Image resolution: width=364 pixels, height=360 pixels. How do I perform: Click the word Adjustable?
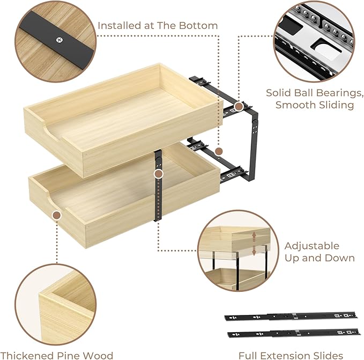click(311, 246)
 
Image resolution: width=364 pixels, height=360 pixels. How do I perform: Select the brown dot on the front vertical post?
click(158, 174)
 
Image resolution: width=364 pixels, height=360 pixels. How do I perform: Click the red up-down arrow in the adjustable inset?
click(254, 243)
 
